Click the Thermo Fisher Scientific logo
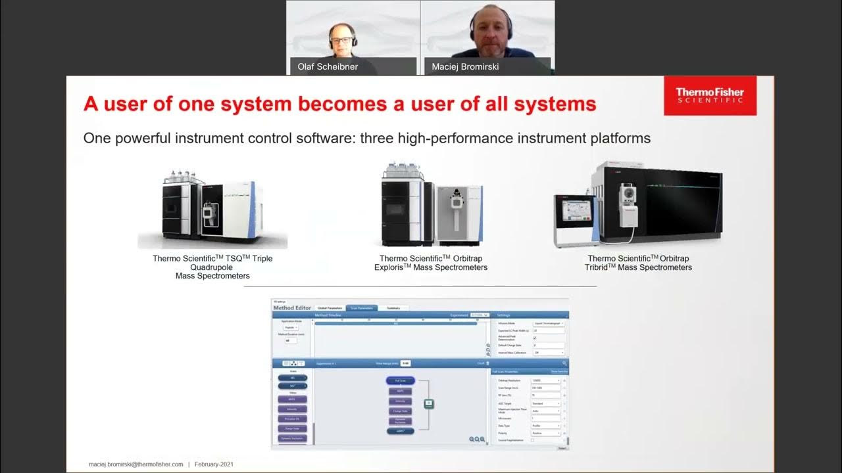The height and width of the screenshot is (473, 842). point(710,95)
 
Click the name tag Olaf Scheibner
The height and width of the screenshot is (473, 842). point(328,66)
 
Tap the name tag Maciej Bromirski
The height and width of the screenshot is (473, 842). point(466,66)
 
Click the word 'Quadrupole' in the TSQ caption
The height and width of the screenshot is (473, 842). point(212,267)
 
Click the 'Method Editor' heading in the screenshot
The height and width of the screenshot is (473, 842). point(292,307)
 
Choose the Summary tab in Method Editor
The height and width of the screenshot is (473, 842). point(393,307)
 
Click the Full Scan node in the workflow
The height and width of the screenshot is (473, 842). point(400,380)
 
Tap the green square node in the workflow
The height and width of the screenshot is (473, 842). point(429,403)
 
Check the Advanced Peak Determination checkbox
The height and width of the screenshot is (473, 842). point(534,338)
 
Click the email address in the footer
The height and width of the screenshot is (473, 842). point(136,464)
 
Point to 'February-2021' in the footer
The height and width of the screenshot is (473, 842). point(214,464)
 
